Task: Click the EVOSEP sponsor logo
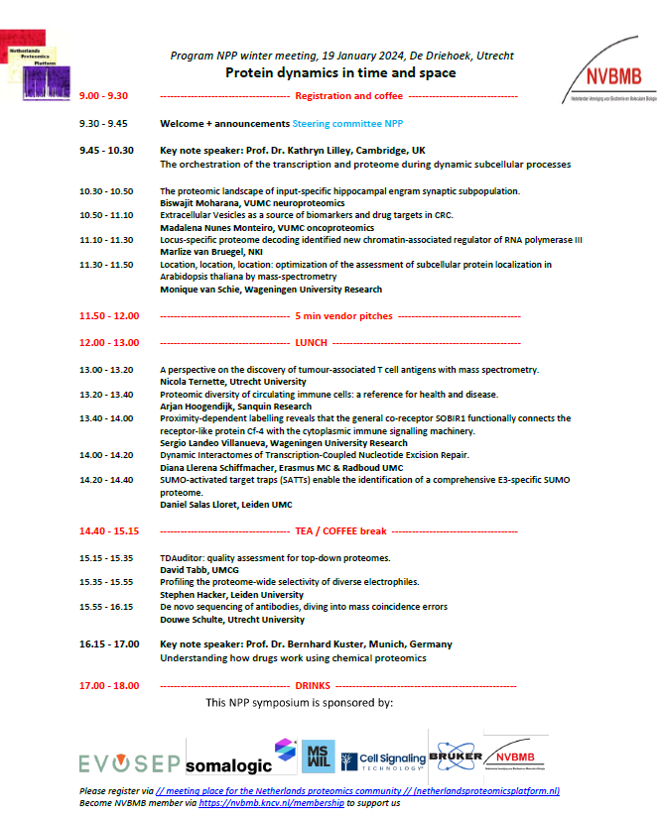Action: click(x=128, y=761)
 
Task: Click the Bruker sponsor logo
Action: click(x=456, y=756)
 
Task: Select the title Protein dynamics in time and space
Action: click(x=340, y=72)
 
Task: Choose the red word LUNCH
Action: click(x=311, y=342)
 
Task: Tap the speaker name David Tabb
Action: click(x=185, y=570)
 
